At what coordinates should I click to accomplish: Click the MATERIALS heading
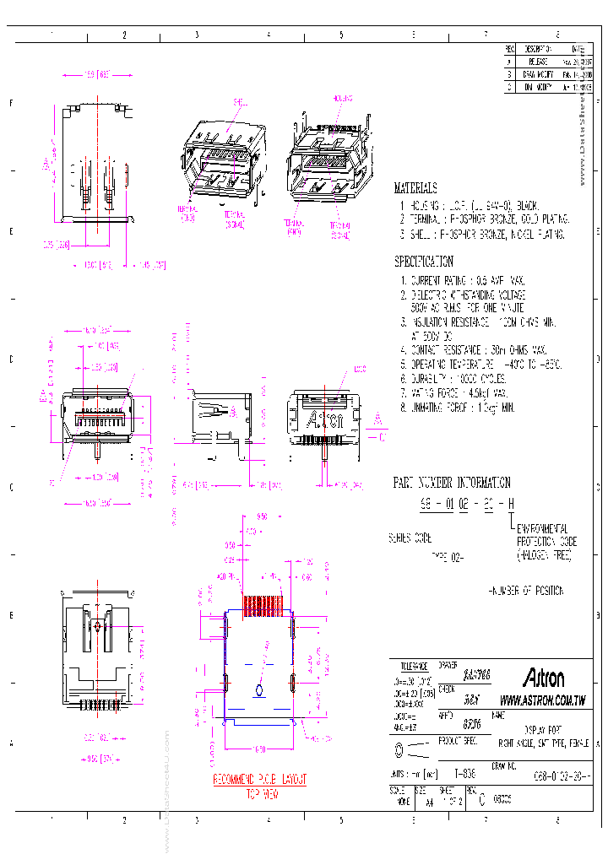(x=415, y=188)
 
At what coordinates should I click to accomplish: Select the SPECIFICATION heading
(x=424, y=262)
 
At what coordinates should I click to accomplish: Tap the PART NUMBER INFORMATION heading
(x=452, y=484)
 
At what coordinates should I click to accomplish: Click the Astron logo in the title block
(x=544, y=678)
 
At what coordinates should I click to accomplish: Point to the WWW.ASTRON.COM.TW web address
(x=543, y=700)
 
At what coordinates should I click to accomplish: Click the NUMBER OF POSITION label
(x=526, y=592)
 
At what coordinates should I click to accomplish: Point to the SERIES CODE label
(x=410, y=538)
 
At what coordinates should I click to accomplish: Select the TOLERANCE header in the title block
(x=414, y=666)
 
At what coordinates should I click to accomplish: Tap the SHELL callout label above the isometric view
(x=239, y=101)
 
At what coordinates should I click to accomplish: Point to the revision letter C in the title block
(x=481, y=797)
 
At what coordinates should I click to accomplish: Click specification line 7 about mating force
(x=458, y=393)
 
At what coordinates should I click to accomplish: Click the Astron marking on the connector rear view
(x=323, y=419)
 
